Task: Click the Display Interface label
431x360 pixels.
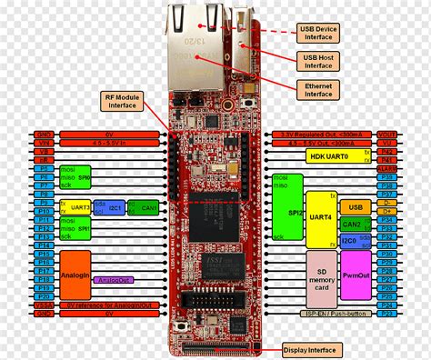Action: [x=309, y=350]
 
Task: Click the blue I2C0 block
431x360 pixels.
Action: [x=350, y=239]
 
